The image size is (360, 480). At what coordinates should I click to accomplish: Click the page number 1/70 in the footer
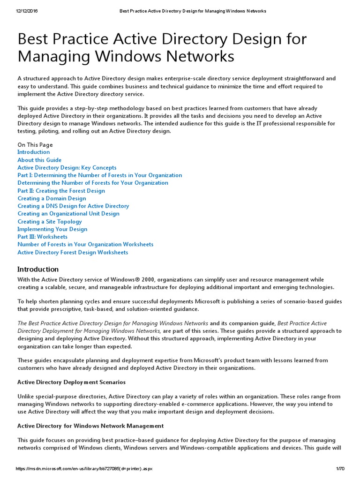click(340, 469)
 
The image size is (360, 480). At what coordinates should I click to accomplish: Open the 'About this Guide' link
click(39, 160)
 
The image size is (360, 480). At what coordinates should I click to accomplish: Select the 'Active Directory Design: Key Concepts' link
click(67, 167)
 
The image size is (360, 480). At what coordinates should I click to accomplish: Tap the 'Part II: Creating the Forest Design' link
click(61, 191)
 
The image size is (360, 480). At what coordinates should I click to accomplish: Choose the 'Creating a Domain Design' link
click(52, 198)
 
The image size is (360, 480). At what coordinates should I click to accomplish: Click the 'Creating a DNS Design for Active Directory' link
click(73, 206)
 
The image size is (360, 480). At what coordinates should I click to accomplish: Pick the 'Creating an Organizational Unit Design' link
click(68, 214)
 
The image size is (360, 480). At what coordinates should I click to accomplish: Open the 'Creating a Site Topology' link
click(50, 221)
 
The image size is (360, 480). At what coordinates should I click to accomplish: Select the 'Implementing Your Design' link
click(52, 229)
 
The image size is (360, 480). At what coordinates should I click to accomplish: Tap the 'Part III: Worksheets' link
click(42, 237)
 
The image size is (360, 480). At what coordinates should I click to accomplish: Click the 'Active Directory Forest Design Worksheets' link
click(73, 252)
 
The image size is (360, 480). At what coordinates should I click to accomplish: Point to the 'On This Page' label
click(35, 145)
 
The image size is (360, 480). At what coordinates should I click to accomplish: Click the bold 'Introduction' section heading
click(38, 269)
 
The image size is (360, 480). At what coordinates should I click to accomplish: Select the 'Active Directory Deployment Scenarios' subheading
click(72, 382)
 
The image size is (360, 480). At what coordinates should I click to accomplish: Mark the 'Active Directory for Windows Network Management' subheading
click(90, 426)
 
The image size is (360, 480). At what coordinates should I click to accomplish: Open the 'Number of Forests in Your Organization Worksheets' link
click(85, 244)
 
